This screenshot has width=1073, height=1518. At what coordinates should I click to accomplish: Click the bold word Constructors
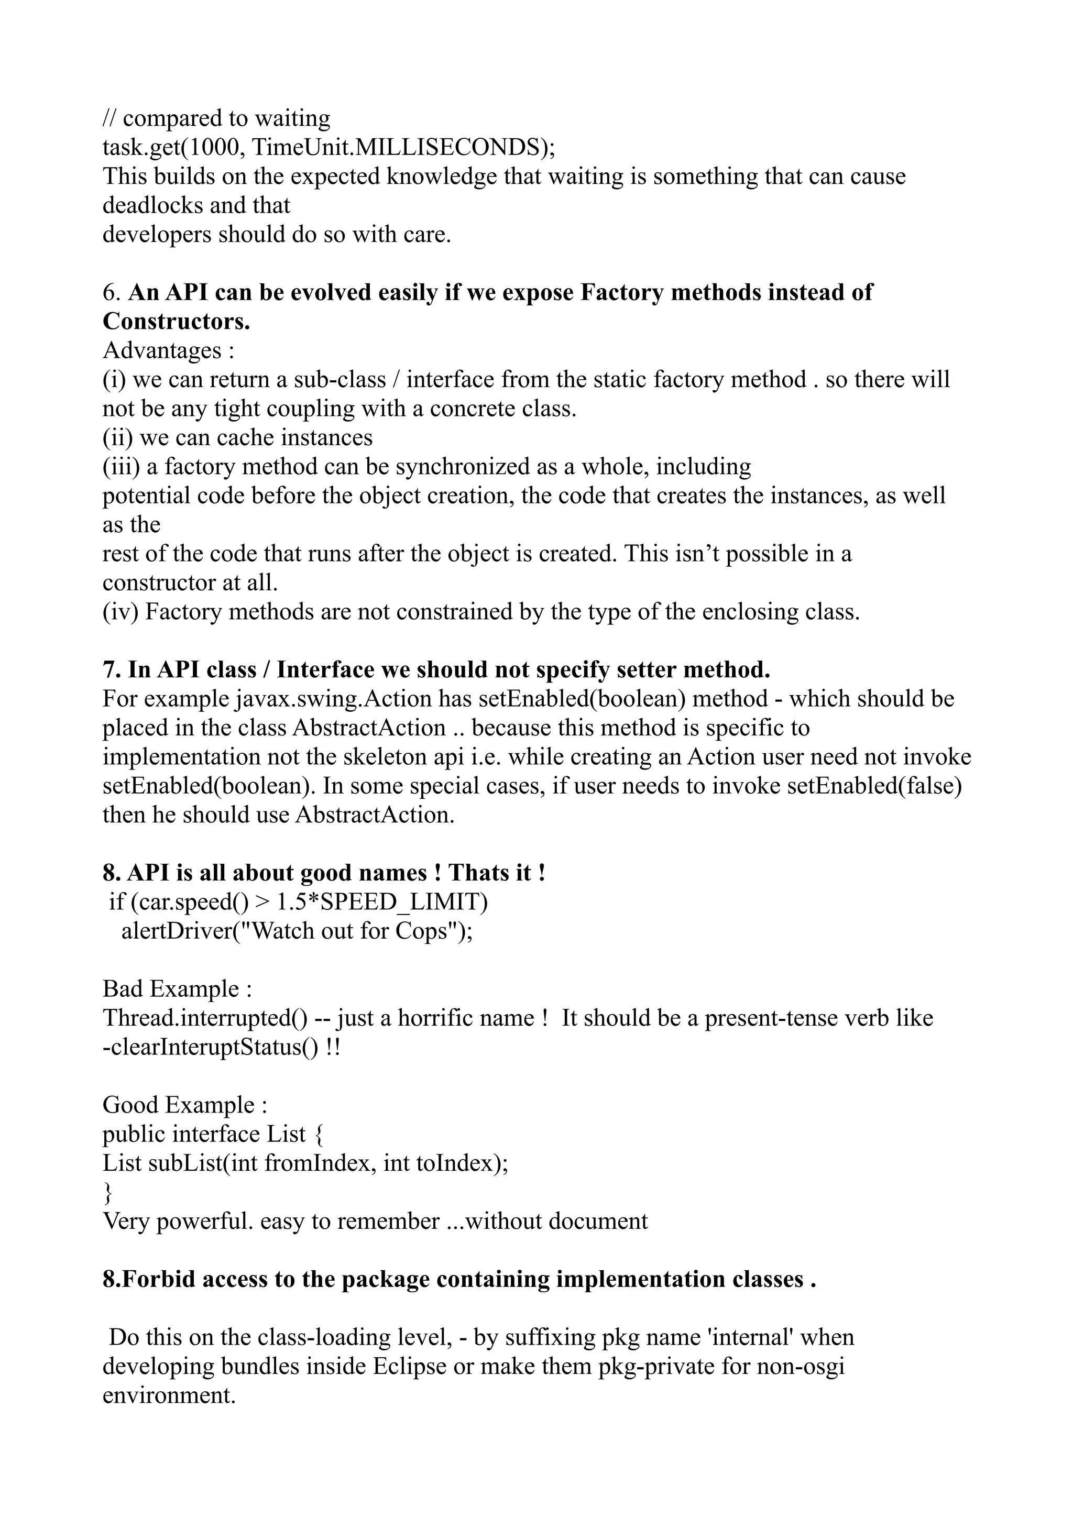[x=176, y=321]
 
